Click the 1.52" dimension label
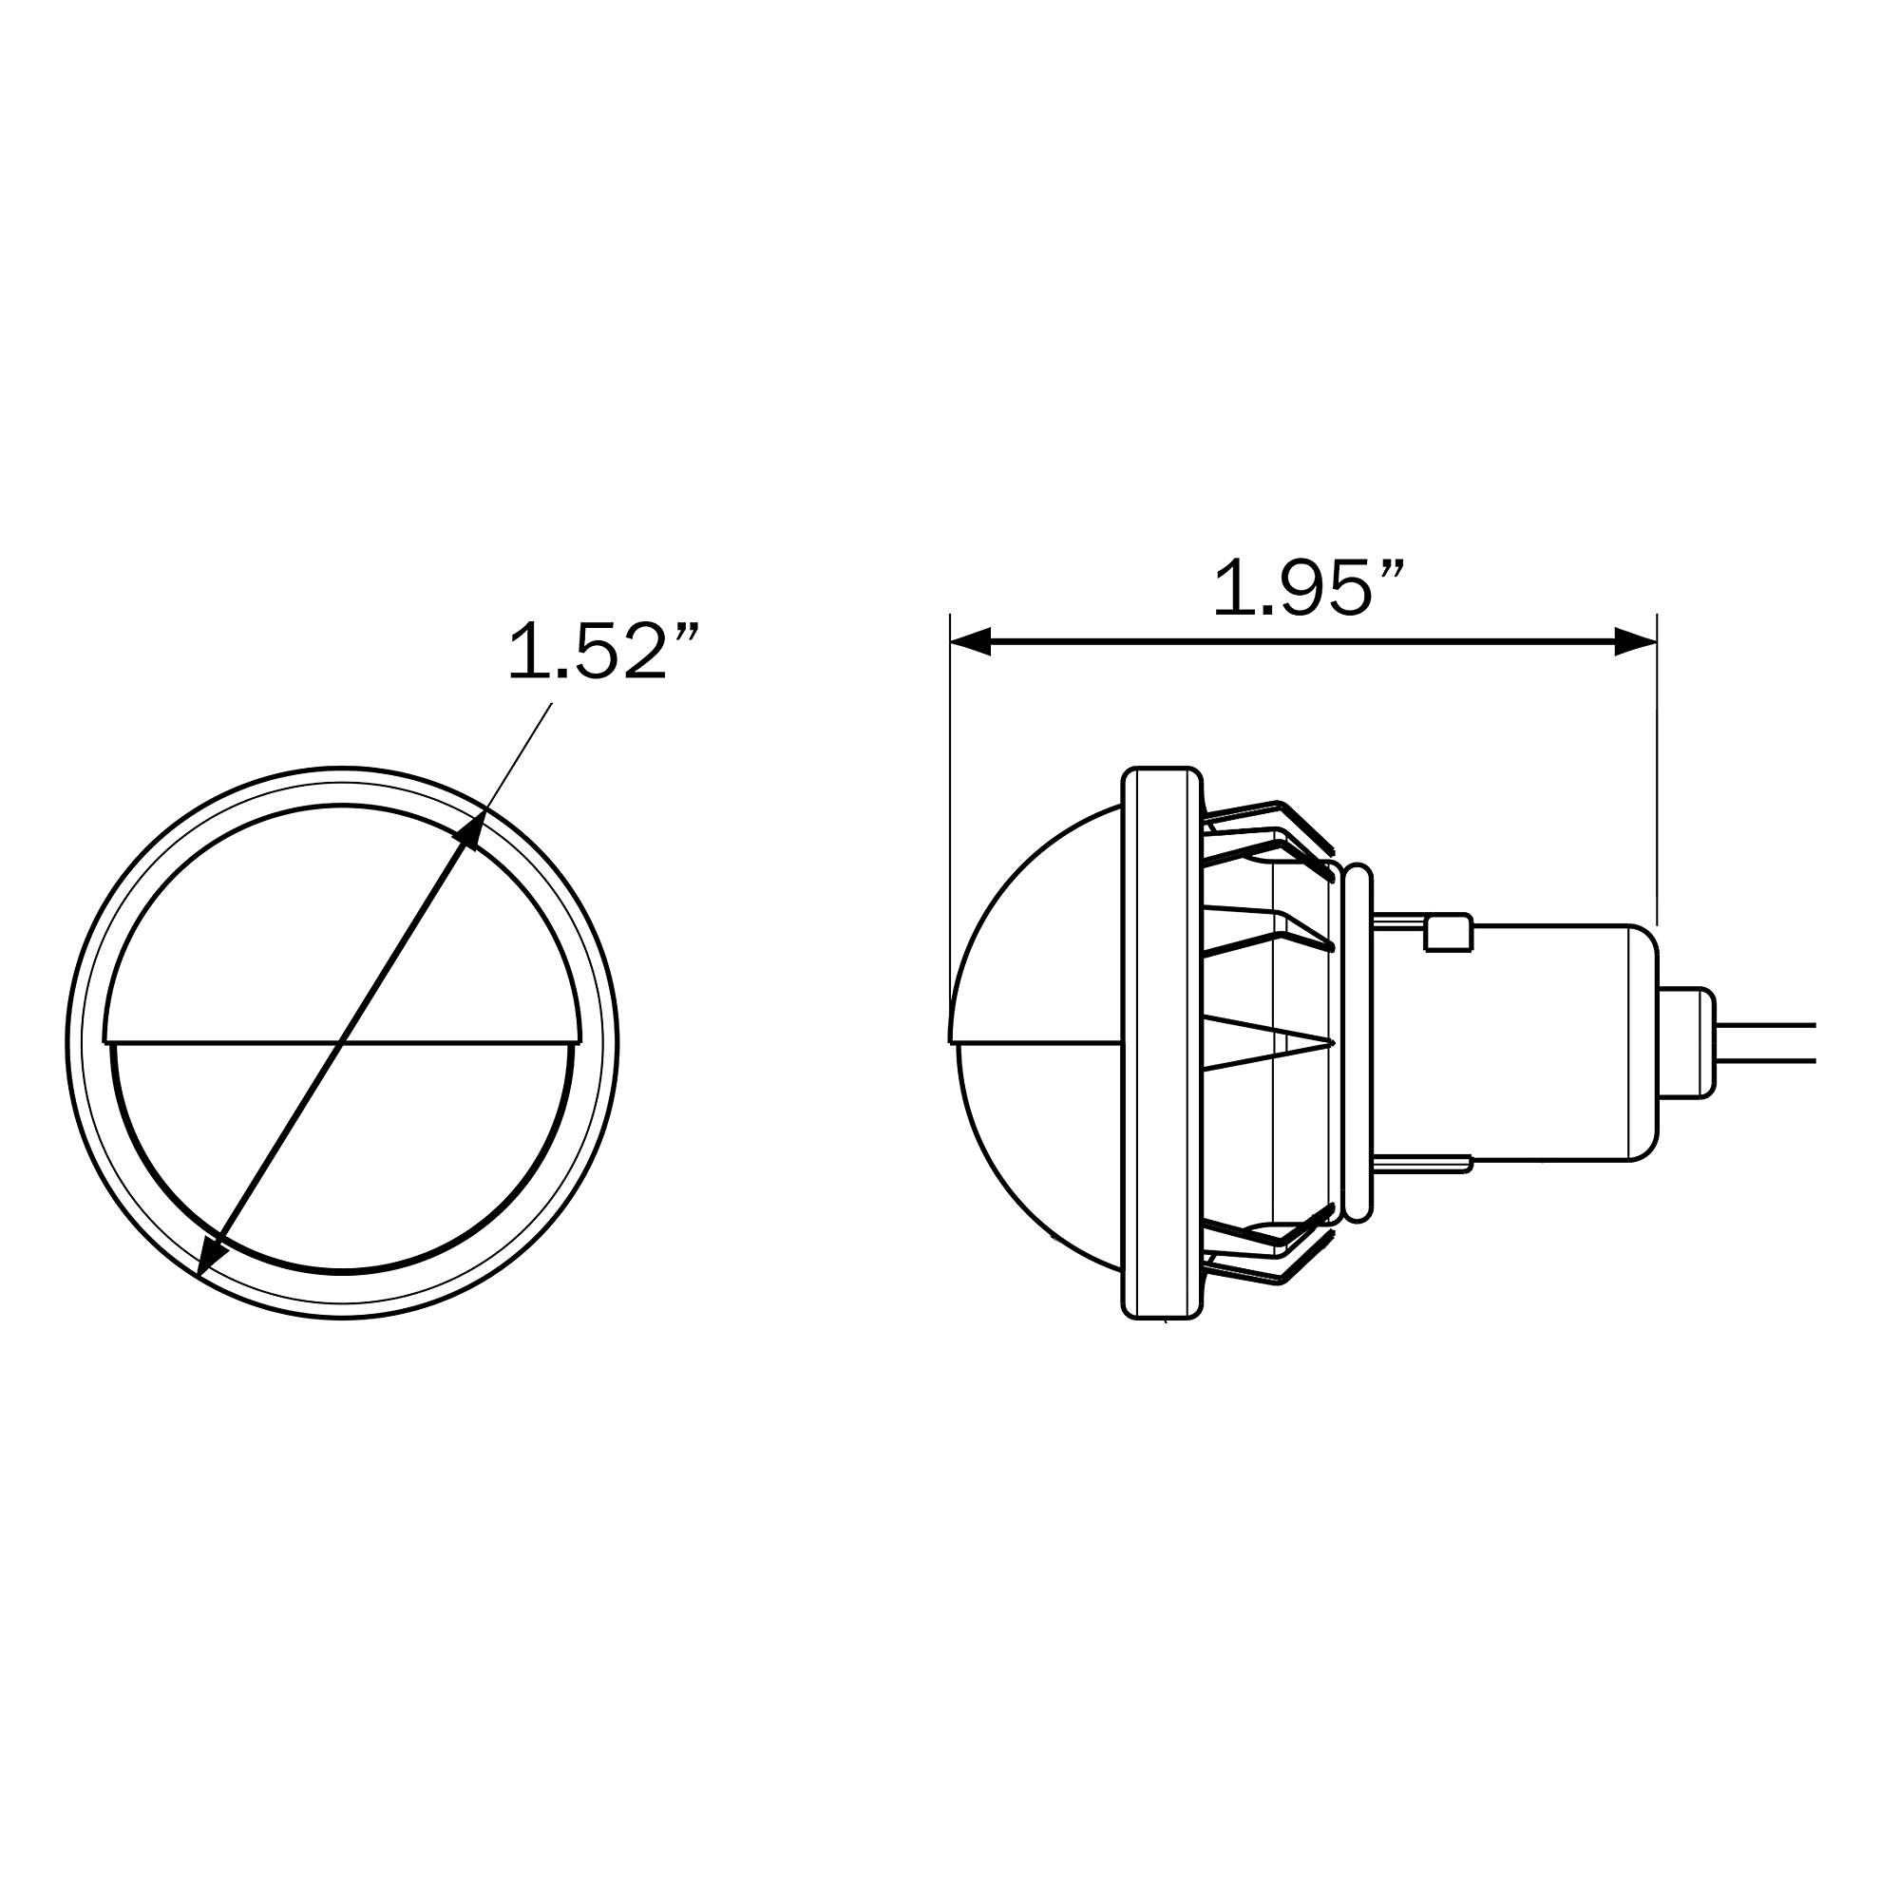pos(602,650)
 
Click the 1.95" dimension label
pos(1308,588)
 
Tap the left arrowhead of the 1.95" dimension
pos(971,642)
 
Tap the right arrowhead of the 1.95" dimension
pos(1636,642)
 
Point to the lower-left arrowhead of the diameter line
pos(211,1258)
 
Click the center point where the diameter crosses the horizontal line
pos(341,1042)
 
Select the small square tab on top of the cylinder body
pos(1449,932)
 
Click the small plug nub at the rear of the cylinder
pos(1686,1042)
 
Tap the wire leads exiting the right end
pos(1765,1043)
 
